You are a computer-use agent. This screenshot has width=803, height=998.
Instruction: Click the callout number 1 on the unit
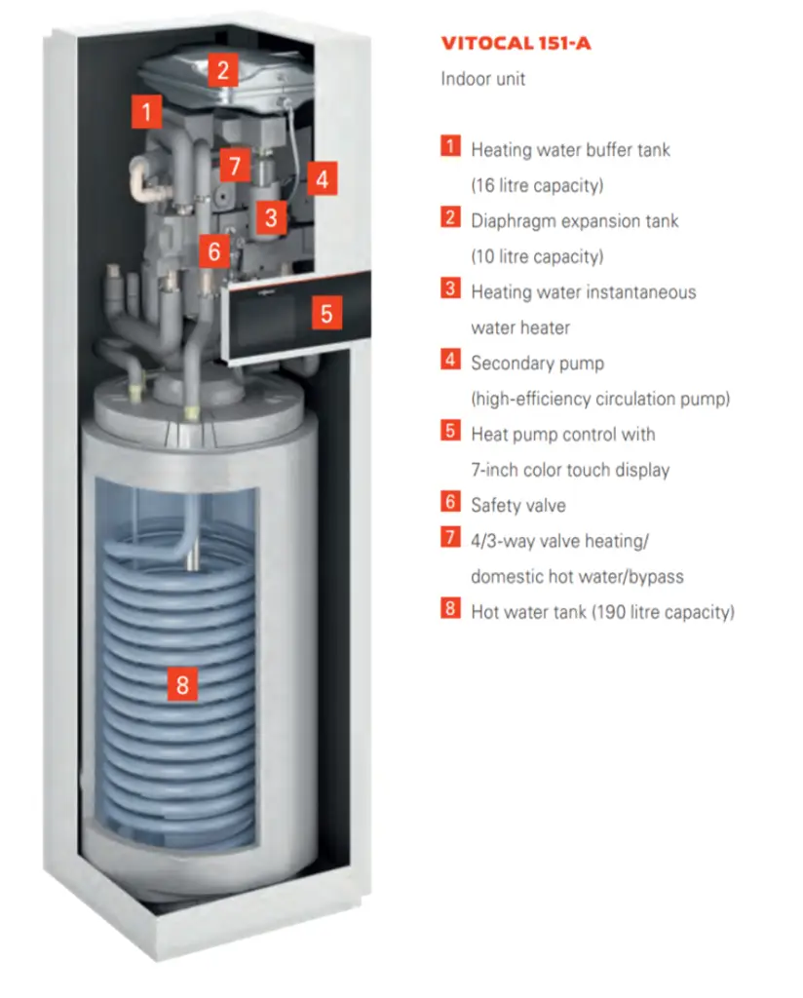coord(146,111)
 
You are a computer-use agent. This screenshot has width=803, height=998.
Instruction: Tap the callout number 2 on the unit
coord(223,69)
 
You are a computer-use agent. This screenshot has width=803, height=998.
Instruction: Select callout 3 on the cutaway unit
coord(271,216)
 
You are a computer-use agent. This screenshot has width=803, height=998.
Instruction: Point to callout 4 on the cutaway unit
coord(322,179)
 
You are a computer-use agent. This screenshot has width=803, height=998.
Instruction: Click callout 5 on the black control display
coord(326,314)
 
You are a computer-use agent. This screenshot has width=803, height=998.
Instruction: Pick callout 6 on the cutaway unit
coord(214,251)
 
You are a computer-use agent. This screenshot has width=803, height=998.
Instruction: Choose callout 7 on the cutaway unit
coord(234,165)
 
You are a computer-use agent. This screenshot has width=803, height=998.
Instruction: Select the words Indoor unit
coord(482,79)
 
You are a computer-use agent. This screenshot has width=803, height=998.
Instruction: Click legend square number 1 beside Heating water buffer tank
coord(450,147)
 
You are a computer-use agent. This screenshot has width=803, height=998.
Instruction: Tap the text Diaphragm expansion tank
coord(574,221)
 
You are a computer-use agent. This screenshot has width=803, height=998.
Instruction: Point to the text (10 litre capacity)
coord(537,256)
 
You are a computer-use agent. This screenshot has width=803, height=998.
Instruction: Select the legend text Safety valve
coord(517,505)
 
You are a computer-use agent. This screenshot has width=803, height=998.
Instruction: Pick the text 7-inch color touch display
coord(570,470)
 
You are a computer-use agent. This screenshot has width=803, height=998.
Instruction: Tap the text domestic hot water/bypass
coord(577,576)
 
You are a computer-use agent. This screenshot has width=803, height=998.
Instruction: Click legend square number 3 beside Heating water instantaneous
coord(450,289)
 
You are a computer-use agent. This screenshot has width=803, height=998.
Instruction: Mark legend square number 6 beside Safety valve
coord(450,503)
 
